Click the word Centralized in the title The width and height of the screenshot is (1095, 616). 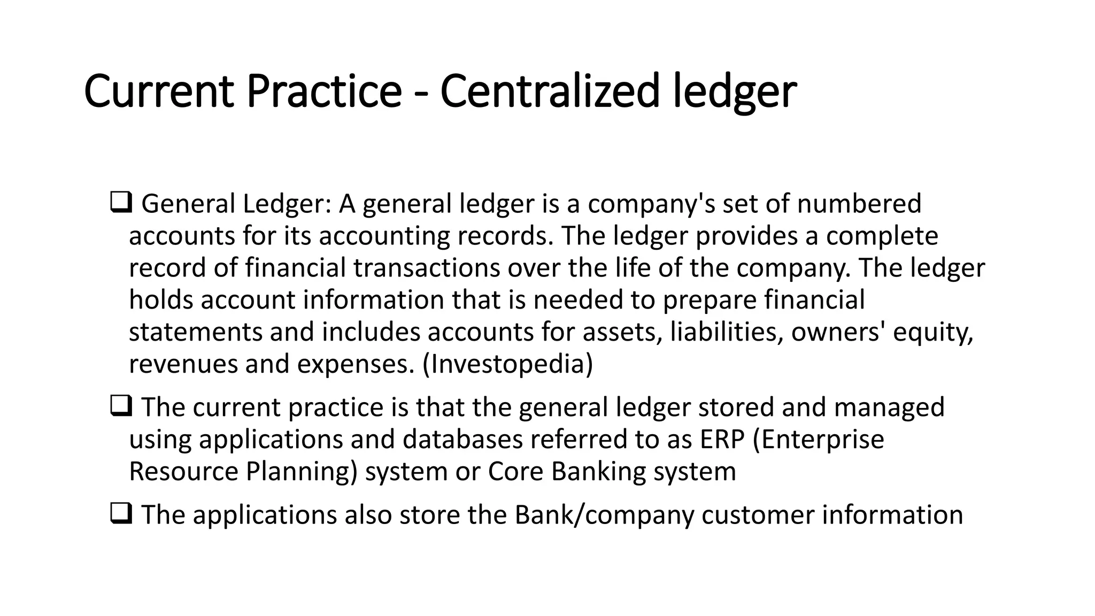coord(550,91)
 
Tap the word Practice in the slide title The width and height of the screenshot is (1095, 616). coord(323,91)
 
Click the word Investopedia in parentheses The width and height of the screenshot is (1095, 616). coord(507,364)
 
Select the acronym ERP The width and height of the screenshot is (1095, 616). coord(721,440)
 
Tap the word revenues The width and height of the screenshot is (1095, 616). coord(183,364)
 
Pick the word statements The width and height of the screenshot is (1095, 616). coord(195,332)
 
